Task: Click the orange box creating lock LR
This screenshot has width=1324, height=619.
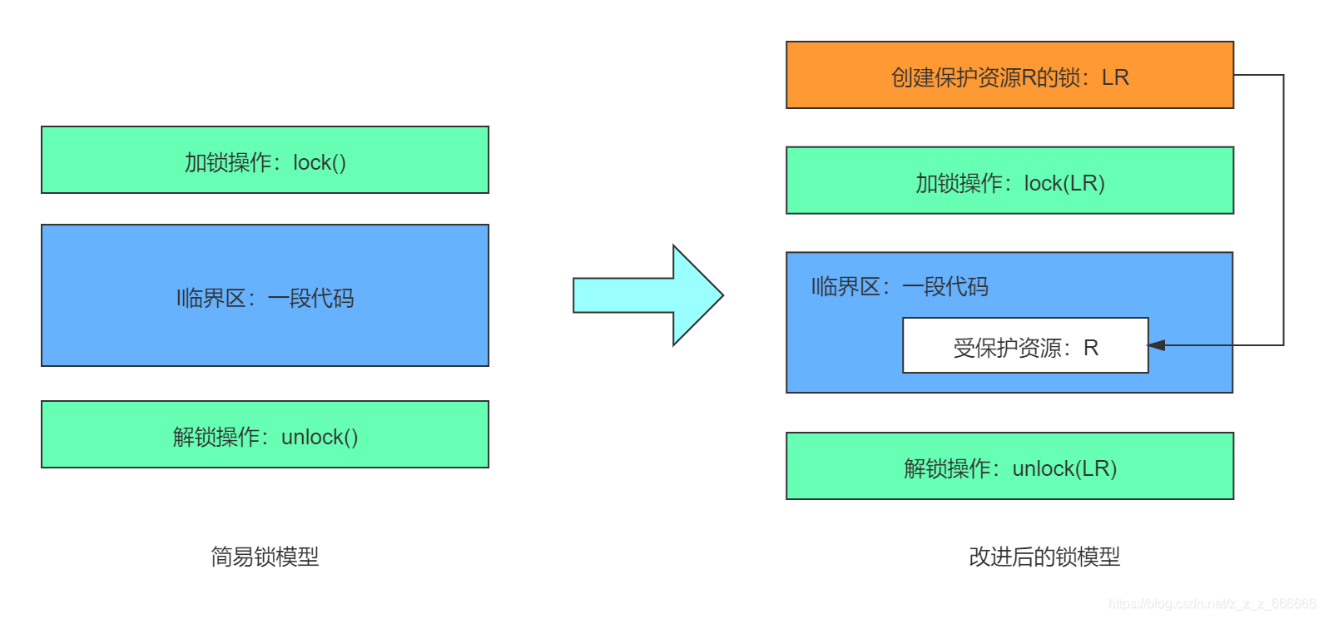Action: [1009, 75]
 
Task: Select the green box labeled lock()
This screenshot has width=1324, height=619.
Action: [265, 160]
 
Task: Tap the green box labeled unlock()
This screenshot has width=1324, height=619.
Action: [265, 434]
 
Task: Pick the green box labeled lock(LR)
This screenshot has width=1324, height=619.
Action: [1009, 181]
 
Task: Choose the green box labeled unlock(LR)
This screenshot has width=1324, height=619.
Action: [1009, 466]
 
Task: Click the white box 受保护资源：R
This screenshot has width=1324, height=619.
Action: [1025, 345]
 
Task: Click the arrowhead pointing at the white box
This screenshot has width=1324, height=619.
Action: [1156, 345]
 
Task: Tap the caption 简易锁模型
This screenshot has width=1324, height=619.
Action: [265, 557]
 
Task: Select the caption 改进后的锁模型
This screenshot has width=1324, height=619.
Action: [1044, 557]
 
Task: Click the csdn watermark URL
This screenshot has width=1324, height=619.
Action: [1212, 604]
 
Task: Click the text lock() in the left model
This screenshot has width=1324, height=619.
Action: [320, 162]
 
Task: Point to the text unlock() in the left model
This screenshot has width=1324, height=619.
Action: [320, 437]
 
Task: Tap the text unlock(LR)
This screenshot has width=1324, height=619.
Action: [1064, 468]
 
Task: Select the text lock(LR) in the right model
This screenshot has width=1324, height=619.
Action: [1064, 183]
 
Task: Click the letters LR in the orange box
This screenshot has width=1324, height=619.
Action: [1115, 77]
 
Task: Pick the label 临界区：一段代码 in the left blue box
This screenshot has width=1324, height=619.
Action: [265, 298]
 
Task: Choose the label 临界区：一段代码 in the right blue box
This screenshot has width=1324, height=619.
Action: [900, 287]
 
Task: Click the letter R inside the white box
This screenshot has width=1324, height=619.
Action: [1091, 348]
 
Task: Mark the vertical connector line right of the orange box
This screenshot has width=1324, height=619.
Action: [1283, 208]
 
